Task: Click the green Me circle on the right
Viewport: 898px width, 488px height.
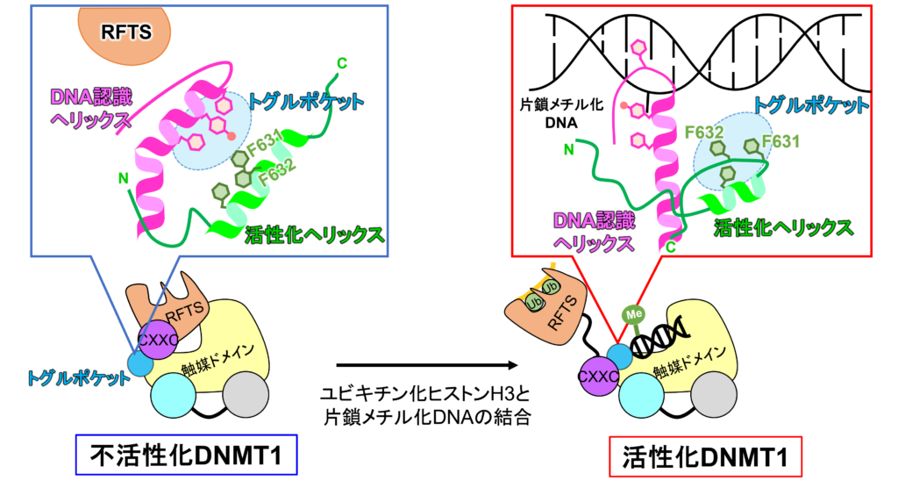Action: (x=634, y=313)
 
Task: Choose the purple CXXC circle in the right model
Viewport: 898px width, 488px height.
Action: (x=598, y=376)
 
